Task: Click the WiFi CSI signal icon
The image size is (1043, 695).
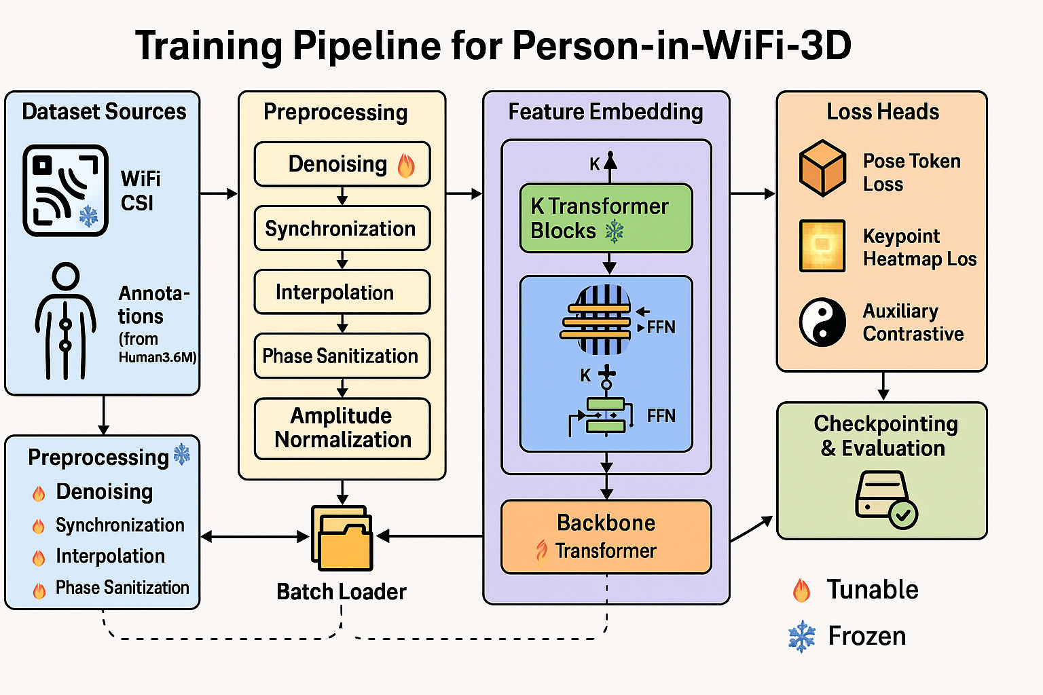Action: (65, 190)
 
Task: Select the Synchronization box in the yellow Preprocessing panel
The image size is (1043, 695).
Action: (342, 229)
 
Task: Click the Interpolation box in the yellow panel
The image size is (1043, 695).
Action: (342, 292)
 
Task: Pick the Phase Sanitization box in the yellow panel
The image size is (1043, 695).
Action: (342, 356)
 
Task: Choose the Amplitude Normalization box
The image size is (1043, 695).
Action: (342, 428)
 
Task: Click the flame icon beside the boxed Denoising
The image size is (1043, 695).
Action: (406, 164)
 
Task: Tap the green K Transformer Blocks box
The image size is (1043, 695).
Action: (606, 219)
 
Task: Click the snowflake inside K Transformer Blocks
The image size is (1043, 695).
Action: (614, 231)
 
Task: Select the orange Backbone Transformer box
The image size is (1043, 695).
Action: (606, 536)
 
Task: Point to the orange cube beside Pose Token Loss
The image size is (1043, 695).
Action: (822, 168)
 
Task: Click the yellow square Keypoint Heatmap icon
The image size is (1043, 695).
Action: (822, 246)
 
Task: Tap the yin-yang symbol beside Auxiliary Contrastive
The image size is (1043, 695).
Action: (822, 322)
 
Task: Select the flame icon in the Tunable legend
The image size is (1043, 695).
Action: (802, 590)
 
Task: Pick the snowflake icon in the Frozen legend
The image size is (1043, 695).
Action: (802, 637)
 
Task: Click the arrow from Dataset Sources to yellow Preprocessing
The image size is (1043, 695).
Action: (219, 194)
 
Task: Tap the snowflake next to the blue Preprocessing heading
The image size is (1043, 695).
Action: (182, 455)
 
